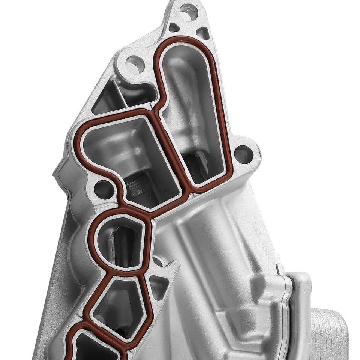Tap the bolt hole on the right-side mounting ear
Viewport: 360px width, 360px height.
tap(243, 154)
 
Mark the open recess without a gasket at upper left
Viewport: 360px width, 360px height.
tap(112, 97)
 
